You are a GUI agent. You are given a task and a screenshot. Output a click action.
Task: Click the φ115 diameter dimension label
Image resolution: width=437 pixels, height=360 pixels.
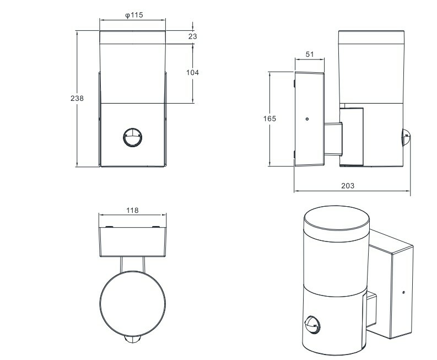[134, 15]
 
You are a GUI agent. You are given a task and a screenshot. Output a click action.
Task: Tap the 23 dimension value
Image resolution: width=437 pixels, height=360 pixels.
[192, 36]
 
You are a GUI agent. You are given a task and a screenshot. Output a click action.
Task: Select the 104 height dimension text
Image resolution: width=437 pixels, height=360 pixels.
[192, 73]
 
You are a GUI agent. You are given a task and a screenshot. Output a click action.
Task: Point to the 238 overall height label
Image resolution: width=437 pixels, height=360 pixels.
[77, 98]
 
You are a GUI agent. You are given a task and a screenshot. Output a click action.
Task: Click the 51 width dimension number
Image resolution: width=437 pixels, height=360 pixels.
[310, 54]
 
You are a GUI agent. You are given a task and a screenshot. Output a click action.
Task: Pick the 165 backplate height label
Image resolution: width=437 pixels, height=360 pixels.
[269, 119]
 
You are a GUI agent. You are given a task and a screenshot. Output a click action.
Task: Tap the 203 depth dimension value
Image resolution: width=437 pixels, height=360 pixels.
[348, 185]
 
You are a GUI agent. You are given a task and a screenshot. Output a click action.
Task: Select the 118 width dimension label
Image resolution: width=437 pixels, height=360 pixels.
[132, 210]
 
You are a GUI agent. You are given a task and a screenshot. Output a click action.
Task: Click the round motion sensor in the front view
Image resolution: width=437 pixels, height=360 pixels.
[133, 137]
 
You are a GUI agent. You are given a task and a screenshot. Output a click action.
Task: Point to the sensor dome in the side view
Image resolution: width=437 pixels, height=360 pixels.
[406, 137]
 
